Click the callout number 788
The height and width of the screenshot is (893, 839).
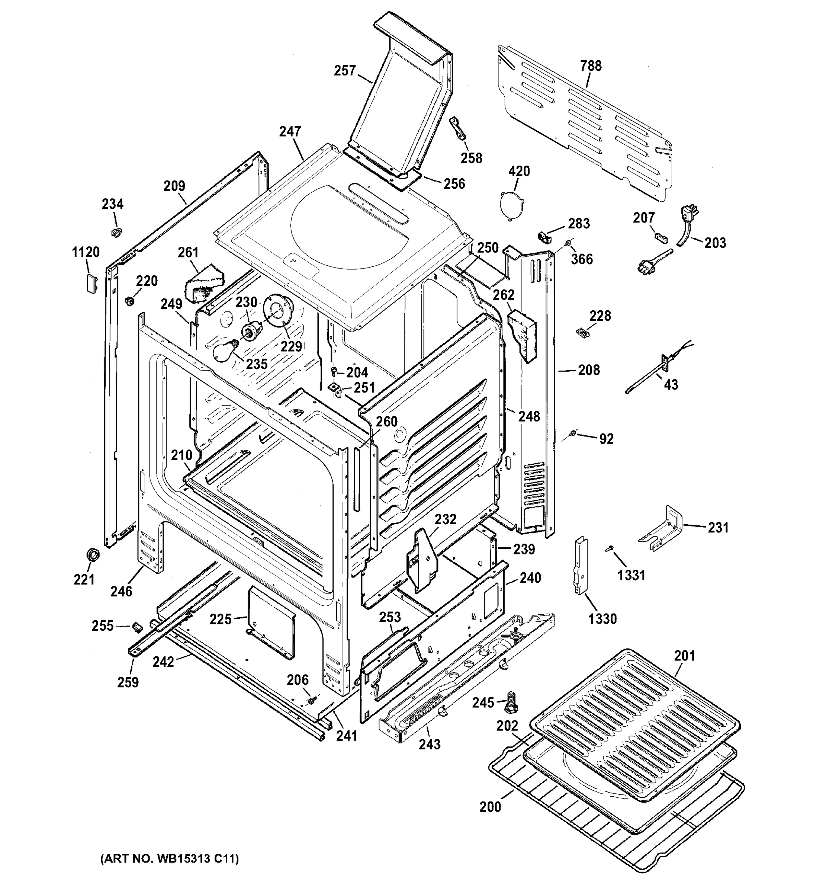[590, 66]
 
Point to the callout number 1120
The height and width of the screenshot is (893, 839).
[86, 252]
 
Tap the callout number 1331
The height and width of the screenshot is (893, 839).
[631, 575]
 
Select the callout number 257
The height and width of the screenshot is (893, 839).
[345, 71]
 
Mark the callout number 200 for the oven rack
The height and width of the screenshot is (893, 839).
[490, 807]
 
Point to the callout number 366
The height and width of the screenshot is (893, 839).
[582, 259]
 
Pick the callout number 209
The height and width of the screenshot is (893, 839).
[174, 186]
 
